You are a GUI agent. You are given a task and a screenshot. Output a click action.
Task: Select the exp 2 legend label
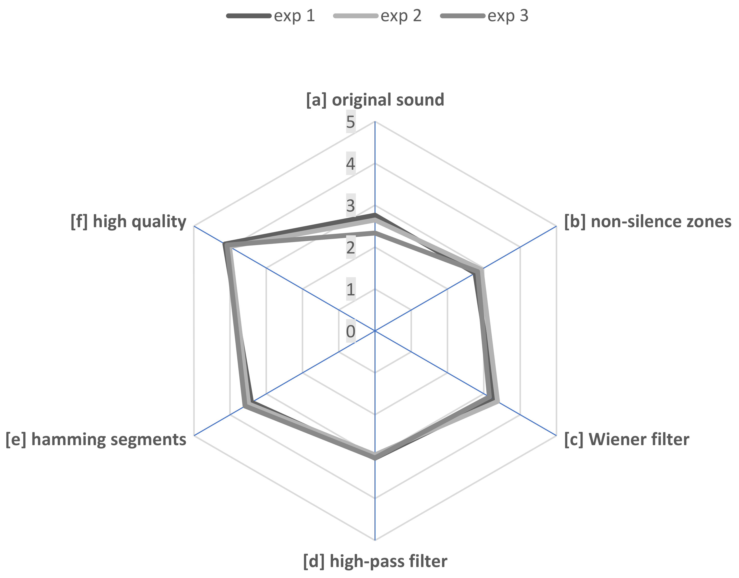(x=401, y=16)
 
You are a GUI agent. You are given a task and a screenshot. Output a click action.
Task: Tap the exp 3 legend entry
(x=507, y=16)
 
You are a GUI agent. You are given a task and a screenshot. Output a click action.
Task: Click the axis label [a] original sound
(x=375, y=100)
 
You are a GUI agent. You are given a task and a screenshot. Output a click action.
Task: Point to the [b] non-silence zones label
(x=648, y=222)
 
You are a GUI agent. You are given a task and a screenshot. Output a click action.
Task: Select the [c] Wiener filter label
(x=627, y=440)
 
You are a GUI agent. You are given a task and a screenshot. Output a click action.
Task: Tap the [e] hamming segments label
(x=96, y=440)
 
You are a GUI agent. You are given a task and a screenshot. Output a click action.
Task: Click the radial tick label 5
(x=350, y=122)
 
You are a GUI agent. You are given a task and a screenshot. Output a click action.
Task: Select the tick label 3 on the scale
(x=350, y=206)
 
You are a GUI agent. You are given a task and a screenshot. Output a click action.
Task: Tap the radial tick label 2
(x=350, y=248)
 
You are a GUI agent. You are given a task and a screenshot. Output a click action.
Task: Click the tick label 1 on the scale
(x=350, y=289)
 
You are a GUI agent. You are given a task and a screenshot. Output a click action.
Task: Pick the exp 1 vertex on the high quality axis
(x=224, y=244)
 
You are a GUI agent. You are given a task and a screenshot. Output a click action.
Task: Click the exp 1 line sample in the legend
(x=249, y=16)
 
